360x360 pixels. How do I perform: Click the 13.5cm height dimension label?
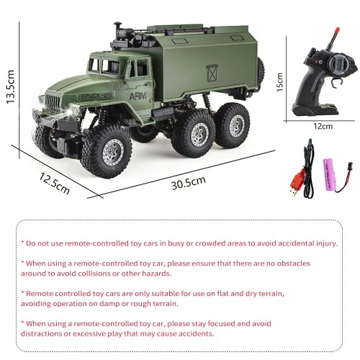10,87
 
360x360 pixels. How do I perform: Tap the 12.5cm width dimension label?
54,184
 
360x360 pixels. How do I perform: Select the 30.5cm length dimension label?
189,183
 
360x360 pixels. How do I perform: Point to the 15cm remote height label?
280,82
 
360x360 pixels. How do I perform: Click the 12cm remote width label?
323,126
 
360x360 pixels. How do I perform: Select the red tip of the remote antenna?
337,30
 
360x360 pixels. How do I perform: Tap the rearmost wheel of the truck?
233,125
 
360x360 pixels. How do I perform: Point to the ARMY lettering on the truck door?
138,96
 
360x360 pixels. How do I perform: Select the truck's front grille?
53,104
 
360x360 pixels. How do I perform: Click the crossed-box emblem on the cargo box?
212,73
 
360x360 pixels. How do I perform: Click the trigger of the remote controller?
337,82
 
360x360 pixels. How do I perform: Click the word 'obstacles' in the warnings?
293,264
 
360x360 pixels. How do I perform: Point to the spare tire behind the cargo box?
261,70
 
